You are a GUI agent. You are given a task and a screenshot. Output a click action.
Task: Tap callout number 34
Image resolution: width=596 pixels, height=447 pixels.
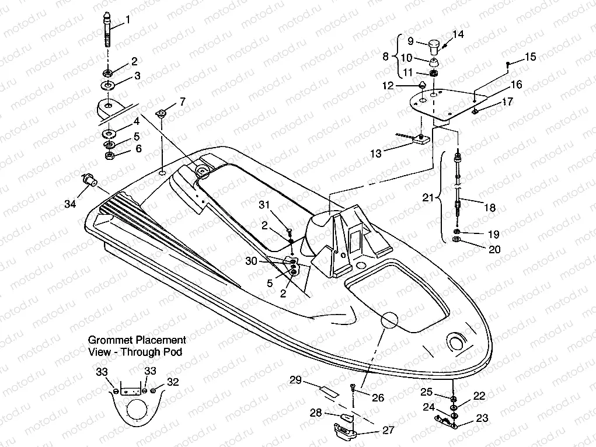(x=71, y=204)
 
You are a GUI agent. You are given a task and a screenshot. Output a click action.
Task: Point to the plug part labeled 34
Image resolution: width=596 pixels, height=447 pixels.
(x=89, y=179)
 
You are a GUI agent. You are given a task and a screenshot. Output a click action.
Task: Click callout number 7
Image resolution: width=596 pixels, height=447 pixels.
(x=182, y=102)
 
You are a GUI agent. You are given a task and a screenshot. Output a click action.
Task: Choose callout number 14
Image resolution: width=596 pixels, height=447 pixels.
(x=458, y=34)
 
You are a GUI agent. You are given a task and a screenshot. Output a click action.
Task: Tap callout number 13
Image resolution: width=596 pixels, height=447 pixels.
(x=377, y=153)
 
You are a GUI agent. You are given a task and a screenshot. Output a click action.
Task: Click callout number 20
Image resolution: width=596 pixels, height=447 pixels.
(x=494, y=249)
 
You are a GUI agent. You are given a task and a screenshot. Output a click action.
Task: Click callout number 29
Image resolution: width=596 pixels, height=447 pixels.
(x=295, y=380)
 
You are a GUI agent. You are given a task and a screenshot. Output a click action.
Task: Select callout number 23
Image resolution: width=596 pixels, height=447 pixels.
(x=482, y=418)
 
